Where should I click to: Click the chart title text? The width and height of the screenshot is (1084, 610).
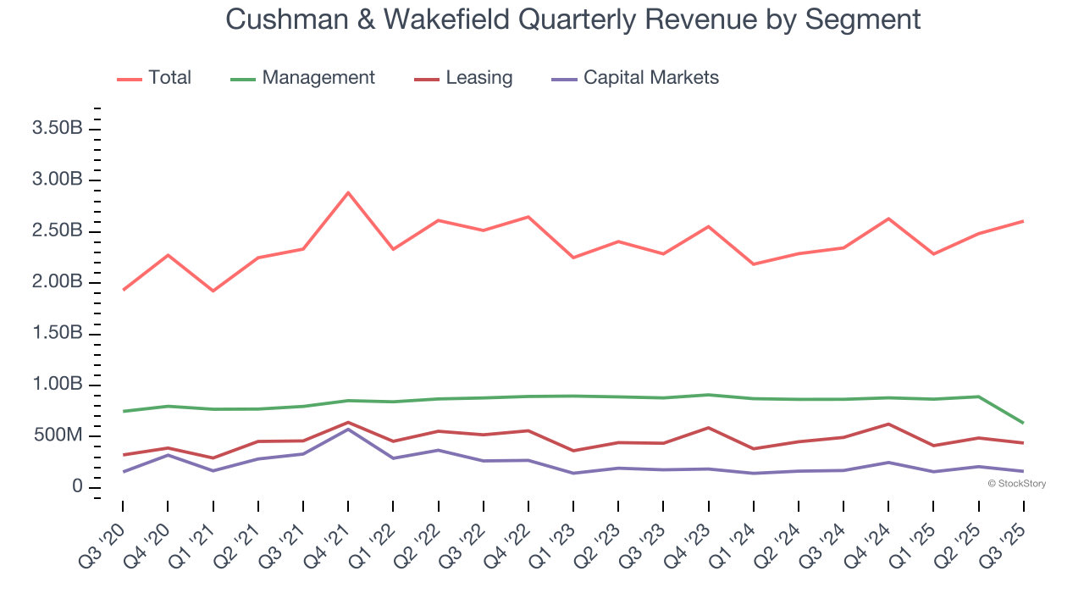pos(572,19)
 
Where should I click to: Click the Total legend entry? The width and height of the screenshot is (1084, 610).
pos(169,78)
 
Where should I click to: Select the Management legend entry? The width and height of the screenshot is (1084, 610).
pos(318,78)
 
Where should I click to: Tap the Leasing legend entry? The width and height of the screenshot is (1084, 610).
pos(478,78)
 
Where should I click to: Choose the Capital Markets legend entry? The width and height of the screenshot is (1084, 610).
pos(650,78)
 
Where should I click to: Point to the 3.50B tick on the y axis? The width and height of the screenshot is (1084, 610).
pos(57,129)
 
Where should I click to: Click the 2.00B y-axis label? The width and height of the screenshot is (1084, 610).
pos(57,283)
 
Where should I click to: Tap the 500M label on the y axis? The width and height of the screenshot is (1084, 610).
pos(58,436)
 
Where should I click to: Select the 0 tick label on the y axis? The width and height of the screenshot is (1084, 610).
pos(77,487)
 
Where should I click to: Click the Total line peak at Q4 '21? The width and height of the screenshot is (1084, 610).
pos(348,192)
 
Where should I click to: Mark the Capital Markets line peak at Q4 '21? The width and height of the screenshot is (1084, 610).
pos(348,429)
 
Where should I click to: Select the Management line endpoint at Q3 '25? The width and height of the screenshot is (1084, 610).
pos(1023,423)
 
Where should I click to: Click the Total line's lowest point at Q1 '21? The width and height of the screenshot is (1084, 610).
pos(213,291)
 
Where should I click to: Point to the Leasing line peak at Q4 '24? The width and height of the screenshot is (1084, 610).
pos(888,424)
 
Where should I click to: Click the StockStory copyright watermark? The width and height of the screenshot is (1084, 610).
pos(1016,484)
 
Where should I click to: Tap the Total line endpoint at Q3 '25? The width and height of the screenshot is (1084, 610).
pos(1023,221)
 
